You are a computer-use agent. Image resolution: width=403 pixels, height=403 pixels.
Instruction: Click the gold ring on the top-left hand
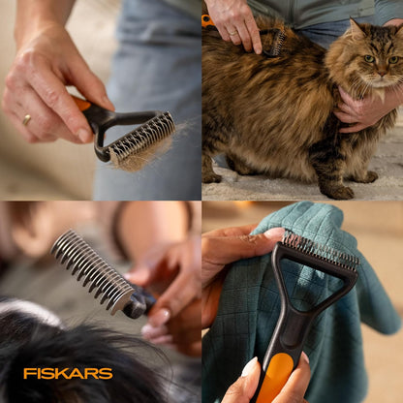pyautogui.click(x=26, y=120)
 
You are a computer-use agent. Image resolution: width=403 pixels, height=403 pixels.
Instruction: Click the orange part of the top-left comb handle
pyautogui.click(x=82, y=104)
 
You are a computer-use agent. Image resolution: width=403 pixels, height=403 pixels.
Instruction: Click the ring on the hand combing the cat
pyautogui.click(x=232, y=32)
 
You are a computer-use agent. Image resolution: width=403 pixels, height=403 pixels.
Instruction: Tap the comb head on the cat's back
pyautogui.click(x=279, y=41)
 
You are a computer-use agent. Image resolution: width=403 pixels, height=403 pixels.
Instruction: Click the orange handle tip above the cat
pyautogui.click(x=207, y=19)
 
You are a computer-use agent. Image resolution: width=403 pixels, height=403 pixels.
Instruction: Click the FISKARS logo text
pyautogui.click(x=68, y=373)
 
